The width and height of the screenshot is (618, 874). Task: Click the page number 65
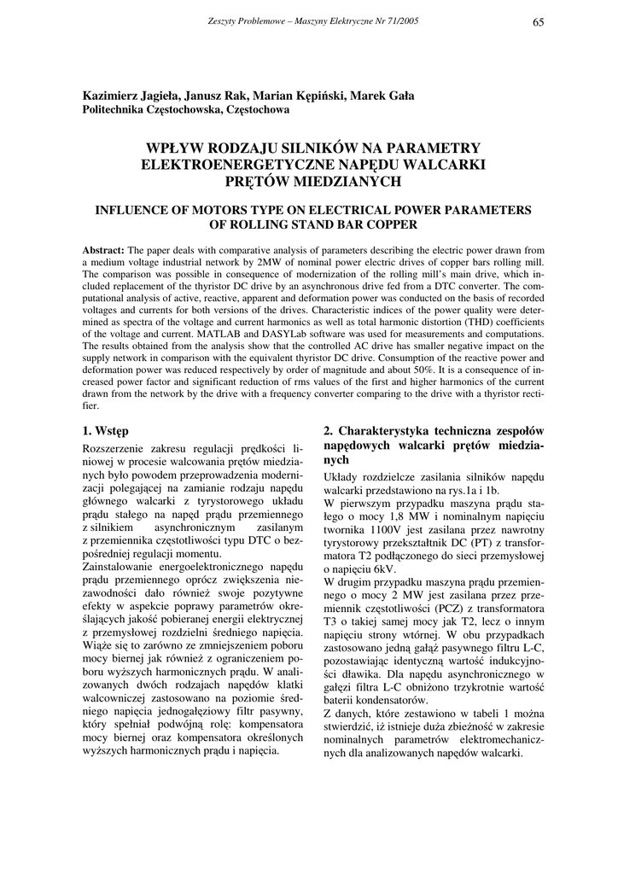538,22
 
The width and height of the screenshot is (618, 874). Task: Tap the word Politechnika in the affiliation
116,110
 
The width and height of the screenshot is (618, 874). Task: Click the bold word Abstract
103,248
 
